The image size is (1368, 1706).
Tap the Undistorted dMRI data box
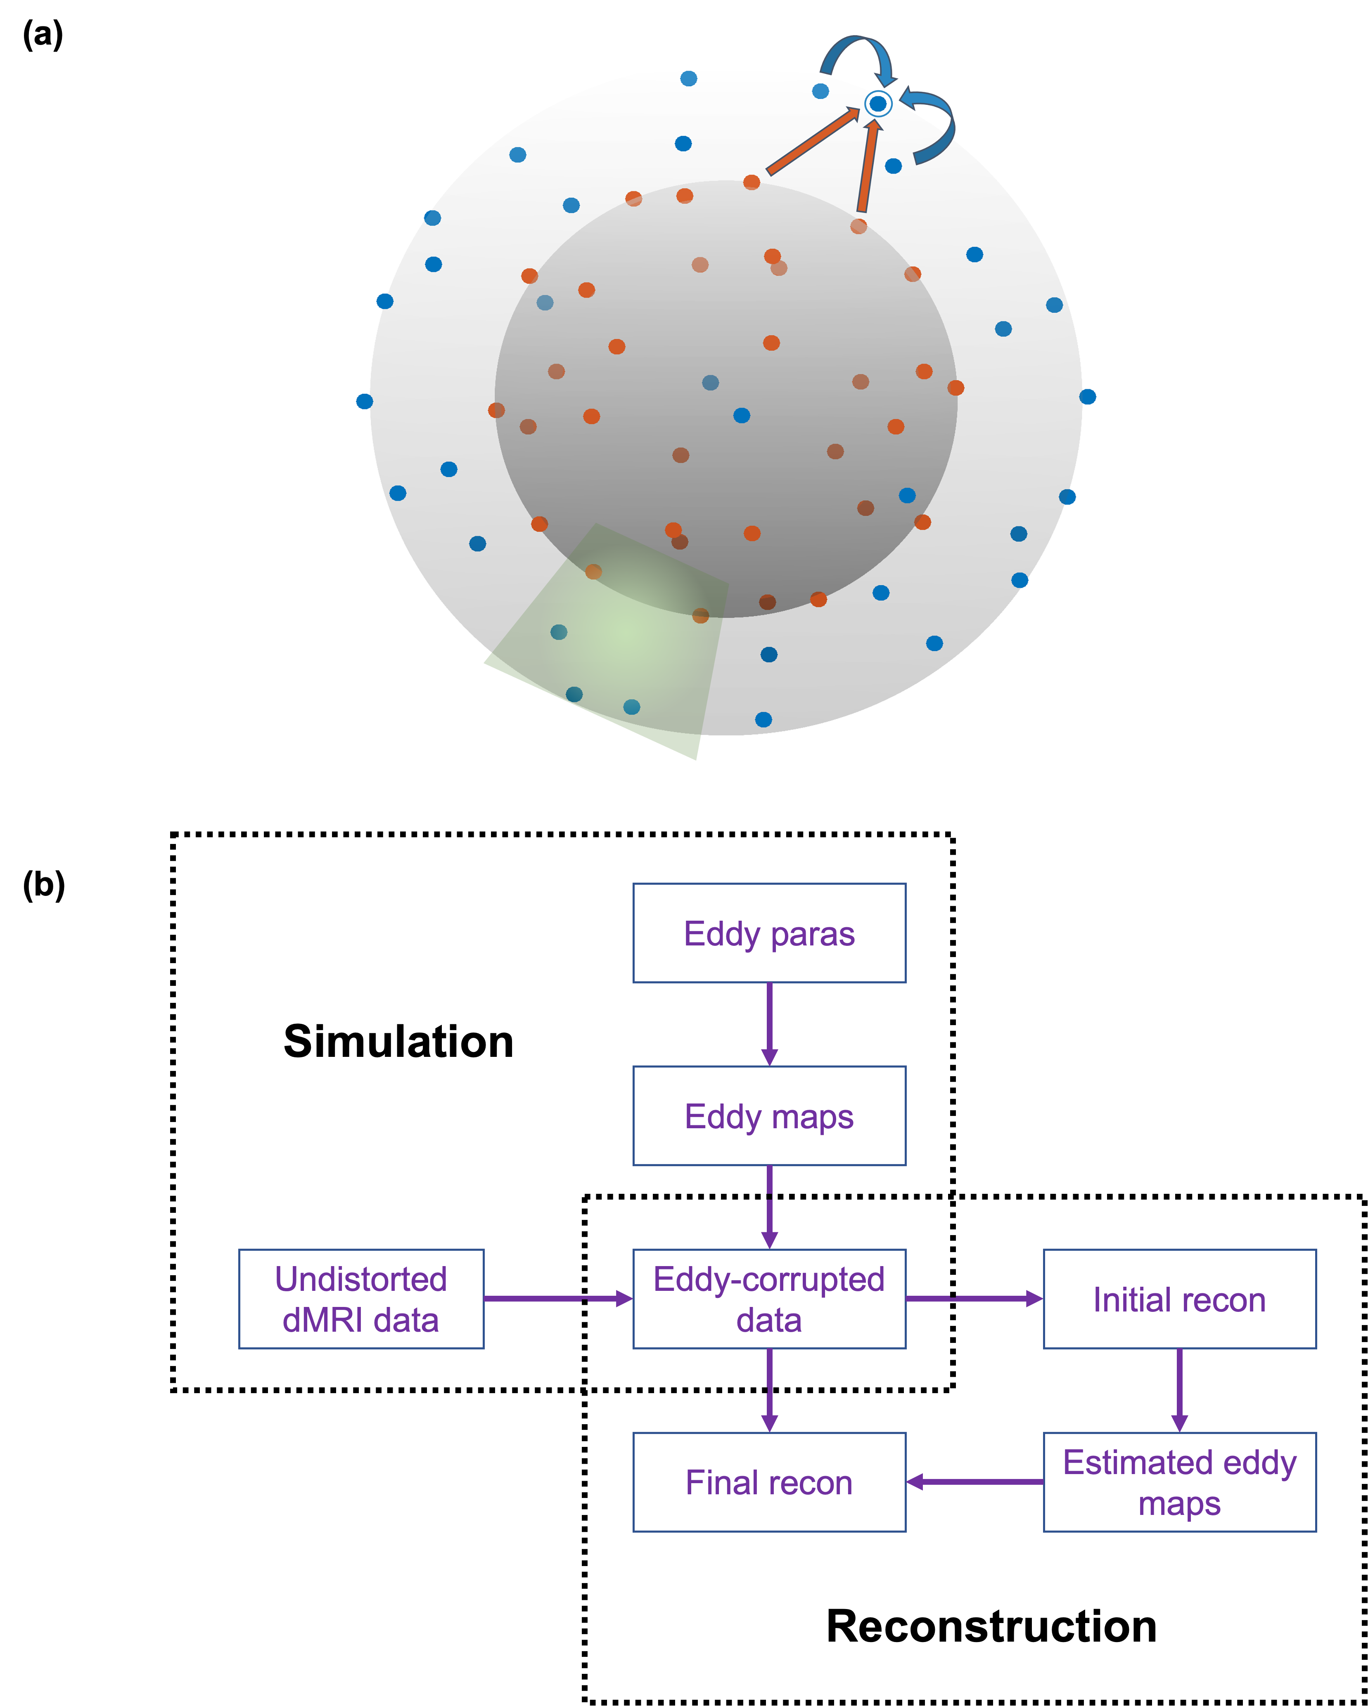point(361,1299)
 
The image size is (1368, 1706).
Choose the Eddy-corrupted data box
point(769,1299)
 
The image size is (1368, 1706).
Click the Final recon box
point(769,1482)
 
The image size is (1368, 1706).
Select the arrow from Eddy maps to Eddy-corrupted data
point(769,1207)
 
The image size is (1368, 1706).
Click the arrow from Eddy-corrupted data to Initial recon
point(974,1299)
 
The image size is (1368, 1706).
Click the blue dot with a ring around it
point(877,104)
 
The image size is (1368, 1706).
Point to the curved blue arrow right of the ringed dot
point(934,123)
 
